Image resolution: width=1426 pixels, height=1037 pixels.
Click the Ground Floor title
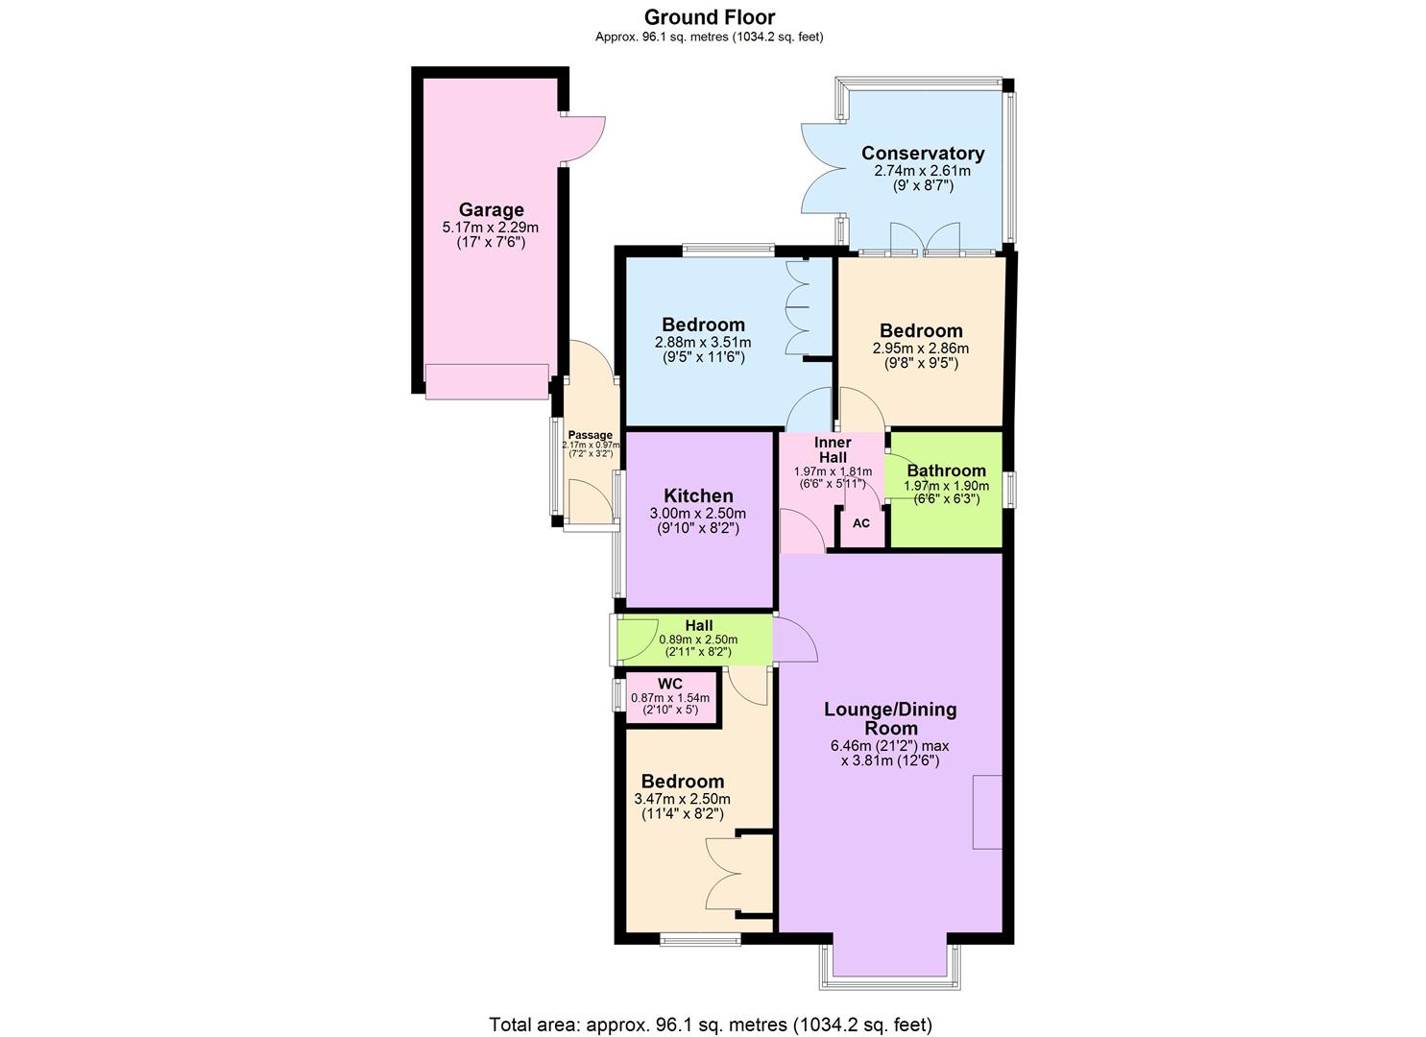click(x=709, y=17)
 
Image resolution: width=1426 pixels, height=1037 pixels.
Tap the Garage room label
click(x=491, y=209)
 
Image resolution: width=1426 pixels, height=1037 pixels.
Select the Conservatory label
click(x=922, y=153)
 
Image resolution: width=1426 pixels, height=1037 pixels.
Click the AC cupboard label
click(x=861, y=523)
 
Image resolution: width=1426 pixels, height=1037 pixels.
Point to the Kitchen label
click(x=698, y=495)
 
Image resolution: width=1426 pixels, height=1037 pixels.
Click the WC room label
click(x=670, y=684)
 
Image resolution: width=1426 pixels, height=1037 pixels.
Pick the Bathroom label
click(x=946, y=470)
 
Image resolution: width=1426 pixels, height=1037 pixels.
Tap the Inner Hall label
click(x=833, y=449)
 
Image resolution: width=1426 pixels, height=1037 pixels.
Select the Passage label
click(x=590, y=435)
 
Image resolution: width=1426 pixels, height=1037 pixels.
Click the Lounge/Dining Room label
click(x=889, y=718)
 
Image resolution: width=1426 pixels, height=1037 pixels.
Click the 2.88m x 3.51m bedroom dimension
click(x=703, y=343)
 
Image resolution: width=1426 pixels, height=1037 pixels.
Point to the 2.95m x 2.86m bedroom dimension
click(x=920, y=349)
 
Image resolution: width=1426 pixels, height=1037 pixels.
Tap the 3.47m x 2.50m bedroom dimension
click(x=682, y=799)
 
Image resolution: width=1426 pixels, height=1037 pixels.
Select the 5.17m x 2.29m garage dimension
click(x=490, y=228)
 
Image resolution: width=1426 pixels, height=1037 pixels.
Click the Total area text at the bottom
click(x=711, y=1025)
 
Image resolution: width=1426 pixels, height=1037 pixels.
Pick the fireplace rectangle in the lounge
click(x=987, y=811)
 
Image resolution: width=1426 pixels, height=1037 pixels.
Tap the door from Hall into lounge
click(x=795, y=640)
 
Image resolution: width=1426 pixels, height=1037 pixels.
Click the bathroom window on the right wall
click(x=1010, y=489)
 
